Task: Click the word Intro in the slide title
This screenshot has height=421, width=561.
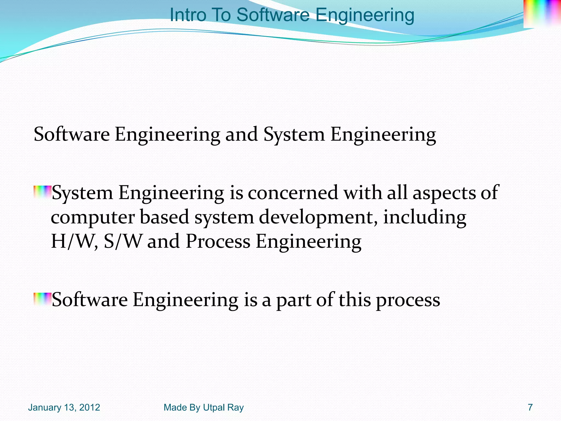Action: pos(188,15)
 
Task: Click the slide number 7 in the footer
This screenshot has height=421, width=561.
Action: pos(530,408)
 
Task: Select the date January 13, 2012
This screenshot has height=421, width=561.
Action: pos(64,408)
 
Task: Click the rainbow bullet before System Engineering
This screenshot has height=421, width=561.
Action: pos(42,192)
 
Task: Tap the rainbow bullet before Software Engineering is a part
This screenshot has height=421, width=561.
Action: pos(42,299)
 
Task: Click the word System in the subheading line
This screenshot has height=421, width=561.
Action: pos(294,135)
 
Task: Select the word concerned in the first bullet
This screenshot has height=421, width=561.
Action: pos(293,193)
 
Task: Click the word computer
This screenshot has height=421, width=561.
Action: pos(93,217)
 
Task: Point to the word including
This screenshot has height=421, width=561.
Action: pos(425,217)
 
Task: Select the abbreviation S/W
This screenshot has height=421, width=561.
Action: pos(123,241)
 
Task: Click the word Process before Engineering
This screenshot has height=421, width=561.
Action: pos(218,241)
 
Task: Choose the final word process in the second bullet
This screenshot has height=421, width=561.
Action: pos(408,300)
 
